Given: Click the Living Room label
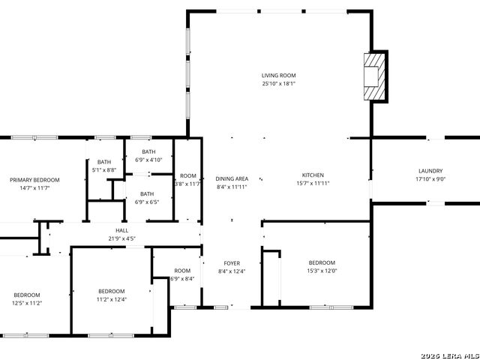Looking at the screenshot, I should pos(278,76).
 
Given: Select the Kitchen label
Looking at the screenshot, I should pos(313,175).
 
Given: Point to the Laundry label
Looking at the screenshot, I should pos(430,171).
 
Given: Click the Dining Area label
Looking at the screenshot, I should pos(232,178).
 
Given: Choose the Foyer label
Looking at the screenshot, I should pos(232,263).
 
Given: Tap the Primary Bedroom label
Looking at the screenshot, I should pos(34,180).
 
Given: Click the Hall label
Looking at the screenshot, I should pos(121,231).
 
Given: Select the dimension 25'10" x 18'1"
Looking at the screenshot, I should pos(278,84).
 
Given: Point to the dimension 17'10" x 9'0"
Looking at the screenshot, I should pos(430,179).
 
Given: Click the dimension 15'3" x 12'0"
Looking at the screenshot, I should pos(322,271).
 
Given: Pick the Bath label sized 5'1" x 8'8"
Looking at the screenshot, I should pos(103,162).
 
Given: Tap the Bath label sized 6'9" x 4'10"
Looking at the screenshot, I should pos(149,151).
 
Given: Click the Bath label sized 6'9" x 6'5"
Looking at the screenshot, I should pos(149,193).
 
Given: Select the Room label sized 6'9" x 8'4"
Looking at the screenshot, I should pos(182,271).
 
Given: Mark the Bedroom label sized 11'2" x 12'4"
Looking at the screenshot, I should pos(111,291).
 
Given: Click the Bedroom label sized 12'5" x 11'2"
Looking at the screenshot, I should pos(26,295).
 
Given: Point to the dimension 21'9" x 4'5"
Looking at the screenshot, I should pos(121,239).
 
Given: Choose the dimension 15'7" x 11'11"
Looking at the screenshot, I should pos(313,183).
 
